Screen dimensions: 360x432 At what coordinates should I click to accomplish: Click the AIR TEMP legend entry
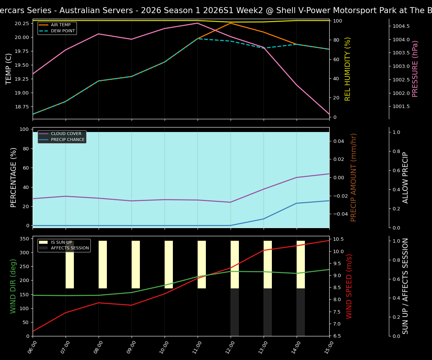(60, 25)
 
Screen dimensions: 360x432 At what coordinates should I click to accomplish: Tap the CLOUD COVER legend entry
(66, 134)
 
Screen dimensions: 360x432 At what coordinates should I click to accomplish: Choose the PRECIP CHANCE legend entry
(67, 140)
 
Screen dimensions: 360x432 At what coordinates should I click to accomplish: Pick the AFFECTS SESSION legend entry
(70, 248)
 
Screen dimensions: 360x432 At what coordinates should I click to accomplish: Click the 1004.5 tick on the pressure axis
(401, 26)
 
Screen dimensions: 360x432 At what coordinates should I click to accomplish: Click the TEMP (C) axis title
(9, 69)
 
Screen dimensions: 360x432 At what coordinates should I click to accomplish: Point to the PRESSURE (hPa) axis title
(415, 69)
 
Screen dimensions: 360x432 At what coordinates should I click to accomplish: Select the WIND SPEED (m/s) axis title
(349, 286)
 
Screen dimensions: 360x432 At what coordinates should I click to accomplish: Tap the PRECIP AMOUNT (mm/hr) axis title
(354, 177)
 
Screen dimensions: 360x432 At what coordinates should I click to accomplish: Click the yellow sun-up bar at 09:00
(136, 264)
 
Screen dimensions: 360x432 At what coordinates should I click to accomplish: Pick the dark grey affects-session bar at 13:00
(268, 312)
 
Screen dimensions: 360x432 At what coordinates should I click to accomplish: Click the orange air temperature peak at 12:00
(231, 23)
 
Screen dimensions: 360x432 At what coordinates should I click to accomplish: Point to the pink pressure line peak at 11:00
(198, 23)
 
